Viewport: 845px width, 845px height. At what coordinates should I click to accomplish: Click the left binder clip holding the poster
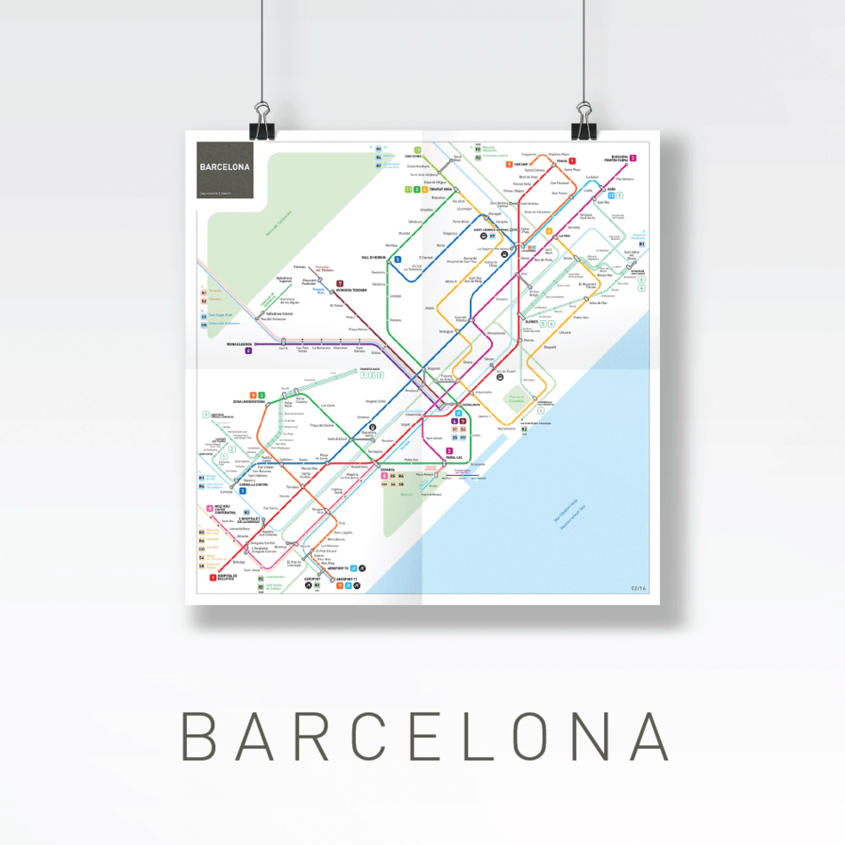pos(263,120)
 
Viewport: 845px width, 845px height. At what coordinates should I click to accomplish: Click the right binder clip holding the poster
pos(584,120)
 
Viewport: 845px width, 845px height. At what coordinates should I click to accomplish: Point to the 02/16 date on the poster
pos(638,587)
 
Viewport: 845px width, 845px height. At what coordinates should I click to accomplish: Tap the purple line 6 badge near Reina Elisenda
pos(249,350)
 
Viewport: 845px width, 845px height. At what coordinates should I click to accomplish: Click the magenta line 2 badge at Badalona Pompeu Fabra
pos(633,158)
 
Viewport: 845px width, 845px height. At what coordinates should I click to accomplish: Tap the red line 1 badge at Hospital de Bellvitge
pos(213,577)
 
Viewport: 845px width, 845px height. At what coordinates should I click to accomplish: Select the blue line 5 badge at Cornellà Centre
pos(242,491)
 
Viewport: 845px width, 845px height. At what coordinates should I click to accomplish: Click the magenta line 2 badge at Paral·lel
pos(449,451)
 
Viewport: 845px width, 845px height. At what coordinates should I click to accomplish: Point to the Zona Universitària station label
pos(250,402)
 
